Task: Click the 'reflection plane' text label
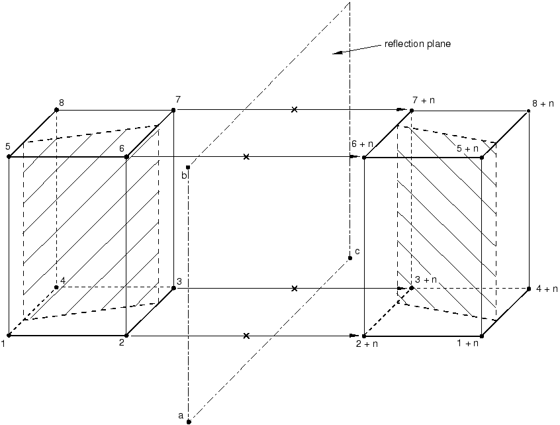point(418,44)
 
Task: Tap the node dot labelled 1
point(9,336)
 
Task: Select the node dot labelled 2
point(126,336)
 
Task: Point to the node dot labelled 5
point(9,157)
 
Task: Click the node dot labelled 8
point(56,110)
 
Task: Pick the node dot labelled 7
point(173,110)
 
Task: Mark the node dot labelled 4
point(56,287)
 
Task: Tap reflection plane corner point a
point(189,422)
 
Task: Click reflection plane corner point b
point(188,167)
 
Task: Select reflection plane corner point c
point(350,258)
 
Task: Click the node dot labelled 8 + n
point(529,111)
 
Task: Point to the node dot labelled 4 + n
point(529,289)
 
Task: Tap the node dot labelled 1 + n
point(482,336)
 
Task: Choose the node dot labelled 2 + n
point(364,336)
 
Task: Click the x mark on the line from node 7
point(295,110)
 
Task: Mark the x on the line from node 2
point(246,336)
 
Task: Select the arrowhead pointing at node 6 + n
point(354,157)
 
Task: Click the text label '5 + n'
point(467,148)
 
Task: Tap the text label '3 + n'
point(426,279)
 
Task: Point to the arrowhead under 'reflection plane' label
point(338,53)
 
